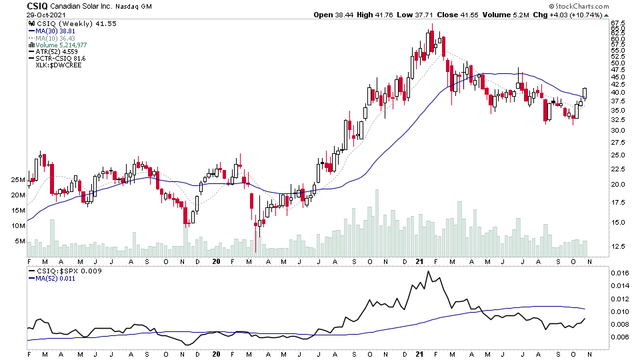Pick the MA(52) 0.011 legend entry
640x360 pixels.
point(54,279)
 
